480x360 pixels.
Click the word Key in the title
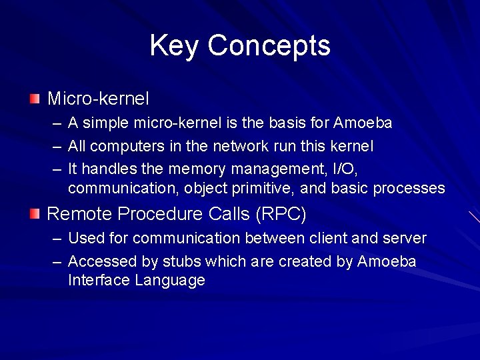tap(174, 46)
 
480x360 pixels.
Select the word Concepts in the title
tap(269, 46)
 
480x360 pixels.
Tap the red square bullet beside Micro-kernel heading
tap(35, 99)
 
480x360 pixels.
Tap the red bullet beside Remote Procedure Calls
tap(35, 213)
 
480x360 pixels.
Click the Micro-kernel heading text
tap(98, 99)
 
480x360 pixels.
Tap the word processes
tap(409, 189)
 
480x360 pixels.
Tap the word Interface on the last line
tap(99, 280)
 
